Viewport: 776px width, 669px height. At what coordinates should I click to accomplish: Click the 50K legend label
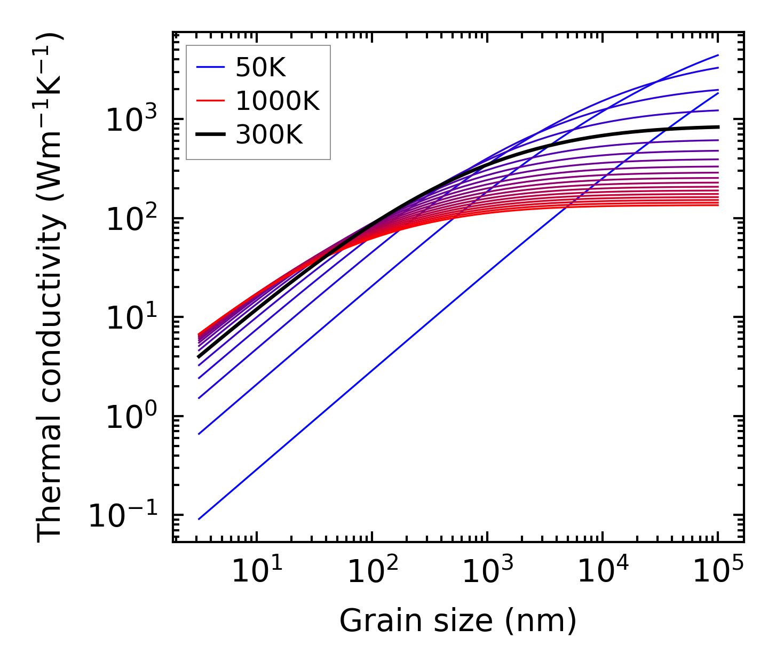[260, 68]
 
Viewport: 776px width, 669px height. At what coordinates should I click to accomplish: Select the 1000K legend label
[277, 101]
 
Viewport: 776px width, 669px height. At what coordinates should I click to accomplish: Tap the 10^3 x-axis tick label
[487, 571]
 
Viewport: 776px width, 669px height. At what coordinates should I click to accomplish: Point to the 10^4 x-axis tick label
[603, 571]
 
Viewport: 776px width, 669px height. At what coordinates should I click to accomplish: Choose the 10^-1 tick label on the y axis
[124, 515]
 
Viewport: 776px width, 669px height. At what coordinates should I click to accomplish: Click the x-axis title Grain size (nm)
[458, 622]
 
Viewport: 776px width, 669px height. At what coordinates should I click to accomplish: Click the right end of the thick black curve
[718, 127]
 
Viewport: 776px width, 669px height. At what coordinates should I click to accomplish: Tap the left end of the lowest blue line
[199, 519]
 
